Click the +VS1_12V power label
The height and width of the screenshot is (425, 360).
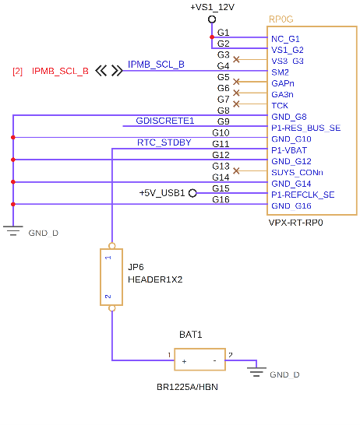[212, 7]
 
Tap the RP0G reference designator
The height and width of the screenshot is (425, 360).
[281, 19]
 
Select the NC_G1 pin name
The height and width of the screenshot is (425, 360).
[285, 39]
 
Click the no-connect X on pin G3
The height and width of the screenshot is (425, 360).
[236, 59]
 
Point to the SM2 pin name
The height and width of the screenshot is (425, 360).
[280, 72]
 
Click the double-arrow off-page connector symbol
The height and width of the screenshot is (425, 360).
[109, 71]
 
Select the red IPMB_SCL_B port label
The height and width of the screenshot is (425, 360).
[60, 71]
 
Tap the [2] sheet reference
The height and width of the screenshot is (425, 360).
[17, 72]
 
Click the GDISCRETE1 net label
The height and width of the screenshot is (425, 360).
[165, 121]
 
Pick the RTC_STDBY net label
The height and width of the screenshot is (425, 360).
[164, 142]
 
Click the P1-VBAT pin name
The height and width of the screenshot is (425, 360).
[289, 150]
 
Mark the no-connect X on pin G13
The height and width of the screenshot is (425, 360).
[236, 170]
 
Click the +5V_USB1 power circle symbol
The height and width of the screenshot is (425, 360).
[192, 193]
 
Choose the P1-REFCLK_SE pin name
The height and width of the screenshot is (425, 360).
[303, 195]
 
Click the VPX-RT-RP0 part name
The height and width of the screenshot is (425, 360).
[295, 223]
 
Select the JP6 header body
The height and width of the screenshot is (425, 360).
[111, 277]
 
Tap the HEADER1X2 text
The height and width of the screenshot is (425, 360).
[155, 279]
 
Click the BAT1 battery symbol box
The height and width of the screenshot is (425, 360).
[200, 360]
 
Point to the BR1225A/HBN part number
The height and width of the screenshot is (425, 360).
[188, 387]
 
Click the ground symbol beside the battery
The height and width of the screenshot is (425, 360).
[256, 371]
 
